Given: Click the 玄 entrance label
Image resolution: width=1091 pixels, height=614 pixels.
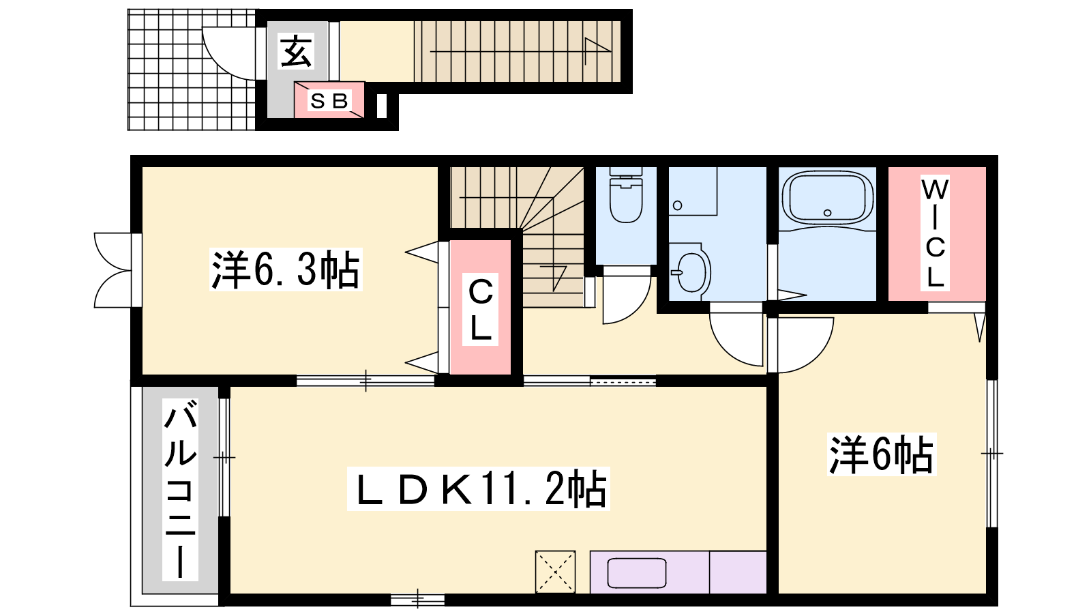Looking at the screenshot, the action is [x=296, y=51].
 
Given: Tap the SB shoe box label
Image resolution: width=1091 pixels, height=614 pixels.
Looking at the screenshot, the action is [x=329, y=101].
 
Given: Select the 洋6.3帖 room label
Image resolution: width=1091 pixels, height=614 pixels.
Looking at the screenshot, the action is [x=286, y=269].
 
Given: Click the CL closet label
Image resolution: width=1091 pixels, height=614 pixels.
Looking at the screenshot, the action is [x=480, y=309].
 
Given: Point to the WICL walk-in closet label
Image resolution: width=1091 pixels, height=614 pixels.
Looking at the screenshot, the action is [x=935, y=233].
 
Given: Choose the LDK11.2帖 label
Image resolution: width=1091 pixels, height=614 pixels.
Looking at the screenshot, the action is [x=478, y=488].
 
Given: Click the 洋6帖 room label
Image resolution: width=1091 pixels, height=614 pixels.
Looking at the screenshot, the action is [x=882, y=454].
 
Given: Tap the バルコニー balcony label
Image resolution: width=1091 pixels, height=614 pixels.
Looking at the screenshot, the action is [x=180, y=489].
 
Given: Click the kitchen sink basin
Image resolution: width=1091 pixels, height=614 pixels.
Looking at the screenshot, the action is [x=637, y=573].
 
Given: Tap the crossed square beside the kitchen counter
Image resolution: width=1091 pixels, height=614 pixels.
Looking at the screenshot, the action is [x=555, y=572].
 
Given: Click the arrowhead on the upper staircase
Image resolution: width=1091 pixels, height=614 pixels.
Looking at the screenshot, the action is [x=597, y=50].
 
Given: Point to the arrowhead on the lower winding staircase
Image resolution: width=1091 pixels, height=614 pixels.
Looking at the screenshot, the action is [x=557, y=278].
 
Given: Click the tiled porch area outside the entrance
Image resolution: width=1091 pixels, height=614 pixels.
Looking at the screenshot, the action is [x=192, y=70].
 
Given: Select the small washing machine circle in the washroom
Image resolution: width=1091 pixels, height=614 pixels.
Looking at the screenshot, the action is [x=678, y=205].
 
